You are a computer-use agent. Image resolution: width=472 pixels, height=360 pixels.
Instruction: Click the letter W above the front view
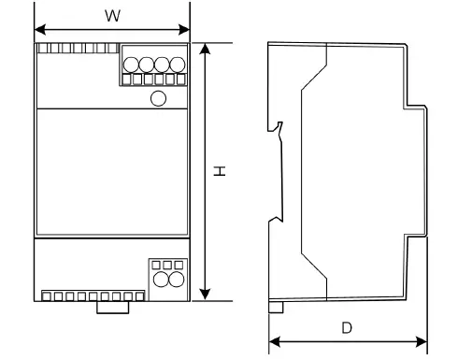click(x=112, y=16)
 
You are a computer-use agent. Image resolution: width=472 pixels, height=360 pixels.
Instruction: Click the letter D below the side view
click(x=347, y=328)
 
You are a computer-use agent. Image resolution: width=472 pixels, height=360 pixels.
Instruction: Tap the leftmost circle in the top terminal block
click(x=132, y=65)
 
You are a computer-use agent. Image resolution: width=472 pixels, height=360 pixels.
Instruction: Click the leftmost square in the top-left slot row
click(x=44, y=48)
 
